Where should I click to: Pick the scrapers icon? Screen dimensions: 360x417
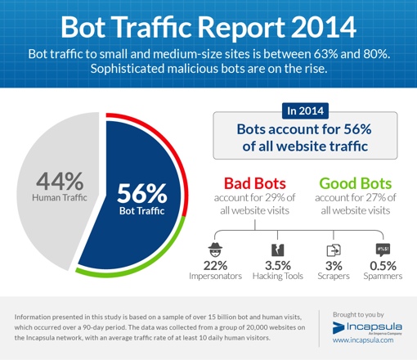(334, 251)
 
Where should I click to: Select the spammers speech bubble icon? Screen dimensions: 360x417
(382, 250)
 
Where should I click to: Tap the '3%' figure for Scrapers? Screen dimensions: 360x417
(334, 266)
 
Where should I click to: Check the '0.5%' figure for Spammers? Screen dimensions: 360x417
(382, 266)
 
